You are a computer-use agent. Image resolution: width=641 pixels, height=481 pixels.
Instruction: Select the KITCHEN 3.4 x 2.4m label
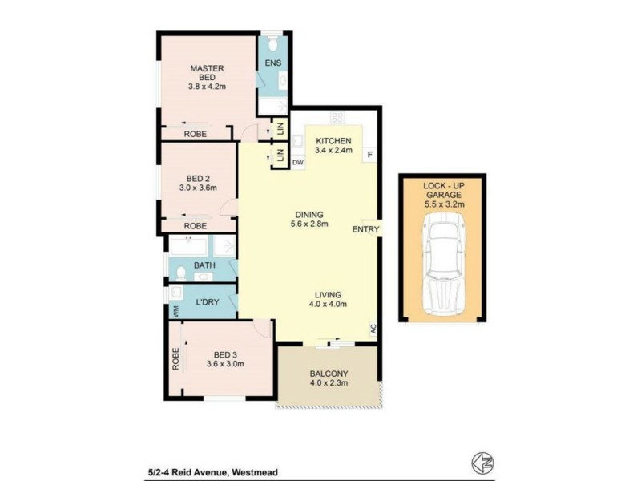point(333,145)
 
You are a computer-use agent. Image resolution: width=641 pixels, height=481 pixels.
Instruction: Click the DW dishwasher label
point(297,163)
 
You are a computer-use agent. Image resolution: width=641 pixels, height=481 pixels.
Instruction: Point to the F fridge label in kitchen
point(369,154)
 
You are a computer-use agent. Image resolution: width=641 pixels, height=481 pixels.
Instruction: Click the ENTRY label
point(366,229)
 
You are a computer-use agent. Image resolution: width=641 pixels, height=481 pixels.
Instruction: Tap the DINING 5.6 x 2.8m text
point(308,220)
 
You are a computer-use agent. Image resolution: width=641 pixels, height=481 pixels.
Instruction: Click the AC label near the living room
point(373,327)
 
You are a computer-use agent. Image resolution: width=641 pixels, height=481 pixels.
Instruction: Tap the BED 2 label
point(197,183)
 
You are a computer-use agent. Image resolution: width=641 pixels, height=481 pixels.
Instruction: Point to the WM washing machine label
point(172,310)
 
